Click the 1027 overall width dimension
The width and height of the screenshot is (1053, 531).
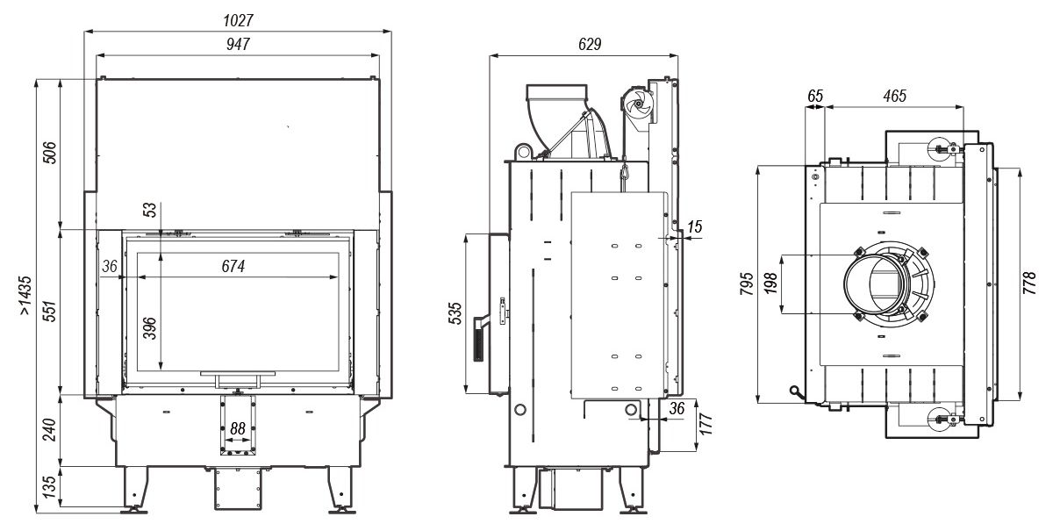click(238, 20)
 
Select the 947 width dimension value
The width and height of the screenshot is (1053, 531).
click(238, 44)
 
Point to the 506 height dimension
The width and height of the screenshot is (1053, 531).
click(49, 153)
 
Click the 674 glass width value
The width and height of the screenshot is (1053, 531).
click(233, 266)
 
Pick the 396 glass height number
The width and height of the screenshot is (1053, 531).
click(149, 328)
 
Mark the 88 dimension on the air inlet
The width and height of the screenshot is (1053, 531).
click(238, 428)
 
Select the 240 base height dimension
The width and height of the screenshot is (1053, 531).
click(49, 430)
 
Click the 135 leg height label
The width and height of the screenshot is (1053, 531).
click(49, 487)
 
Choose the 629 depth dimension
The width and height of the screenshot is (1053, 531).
click(590, 44)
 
